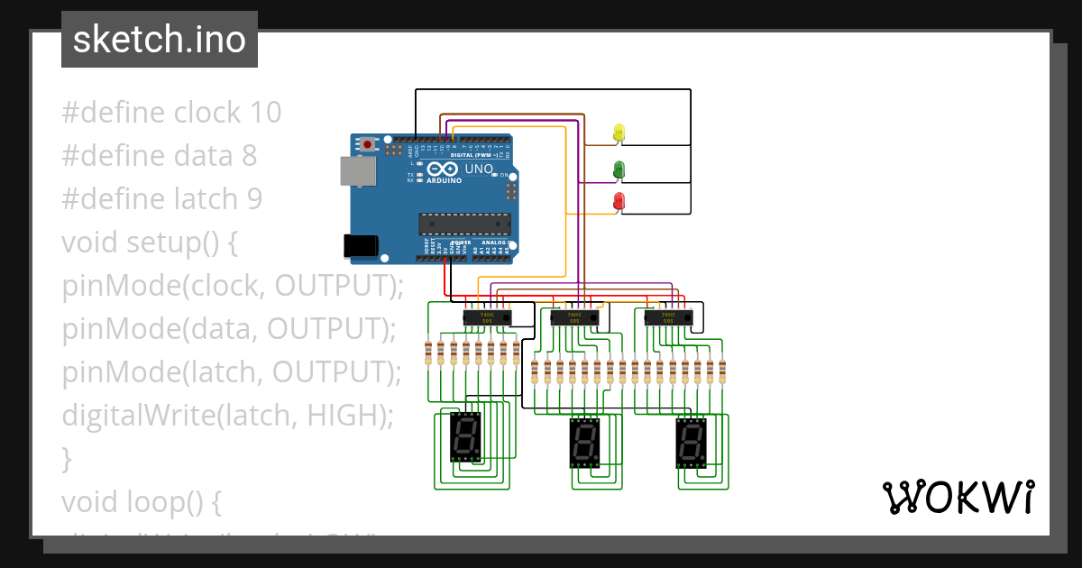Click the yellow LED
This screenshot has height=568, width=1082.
[619, 133]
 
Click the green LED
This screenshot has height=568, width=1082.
[619, 169]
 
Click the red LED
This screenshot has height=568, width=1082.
[619, 201]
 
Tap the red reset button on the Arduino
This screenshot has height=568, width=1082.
[368, 143]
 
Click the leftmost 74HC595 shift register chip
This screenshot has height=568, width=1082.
[487, 316]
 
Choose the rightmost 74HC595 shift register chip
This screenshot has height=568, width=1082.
[669, 316]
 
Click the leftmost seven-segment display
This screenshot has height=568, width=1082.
[465, 436]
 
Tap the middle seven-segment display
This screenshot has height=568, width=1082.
[584, 443]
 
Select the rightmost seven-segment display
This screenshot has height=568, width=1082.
[692, 443]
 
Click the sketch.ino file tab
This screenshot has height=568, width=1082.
[160, 40]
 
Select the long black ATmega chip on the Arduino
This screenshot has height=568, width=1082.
[463, 223]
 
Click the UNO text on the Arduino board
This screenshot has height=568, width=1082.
[478, 169]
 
